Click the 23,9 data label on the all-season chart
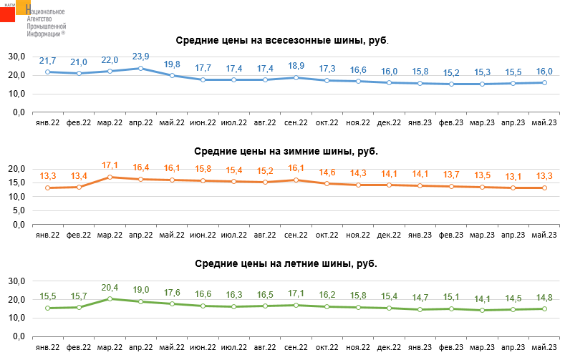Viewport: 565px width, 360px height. pyautogui.click(x=141, y=57)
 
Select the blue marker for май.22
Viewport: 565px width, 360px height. pyautogui.click(x=172, y=75)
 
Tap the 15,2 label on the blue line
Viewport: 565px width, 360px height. pyautogui.click(x=451, y=73)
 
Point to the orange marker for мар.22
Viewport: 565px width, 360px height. pyautogui.click(x=110, y=177)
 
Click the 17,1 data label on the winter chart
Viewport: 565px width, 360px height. pyautogui.click(x=110, y=165)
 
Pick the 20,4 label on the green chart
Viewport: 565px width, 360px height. pyautogui.click(x=110, y=287)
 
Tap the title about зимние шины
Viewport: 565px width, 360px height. pyautogui.click(x=286, y=151)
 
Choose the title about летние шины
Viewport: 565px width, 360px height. pyautogui.click(x=286, y=263)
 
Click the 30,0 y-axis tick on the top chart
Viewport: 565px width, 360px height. pyautogui.click(x=17, y=57)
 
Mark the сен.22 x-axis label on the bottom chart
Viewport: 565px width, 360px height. pyautogui.click(x=296, y=346)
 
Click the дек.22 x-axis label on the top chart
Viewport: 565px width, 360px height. pyautogui.click(x=389, y=122)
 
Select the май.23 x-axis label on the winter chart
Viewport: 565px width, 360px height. pyautogui.click(x=544, y=234)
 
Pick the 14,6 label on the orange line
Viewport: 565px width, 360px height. pyautogui.click(x=327, y=172)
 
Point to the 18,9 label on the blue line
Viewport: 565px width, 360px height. pyautogui.click(x=296, y=66)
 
